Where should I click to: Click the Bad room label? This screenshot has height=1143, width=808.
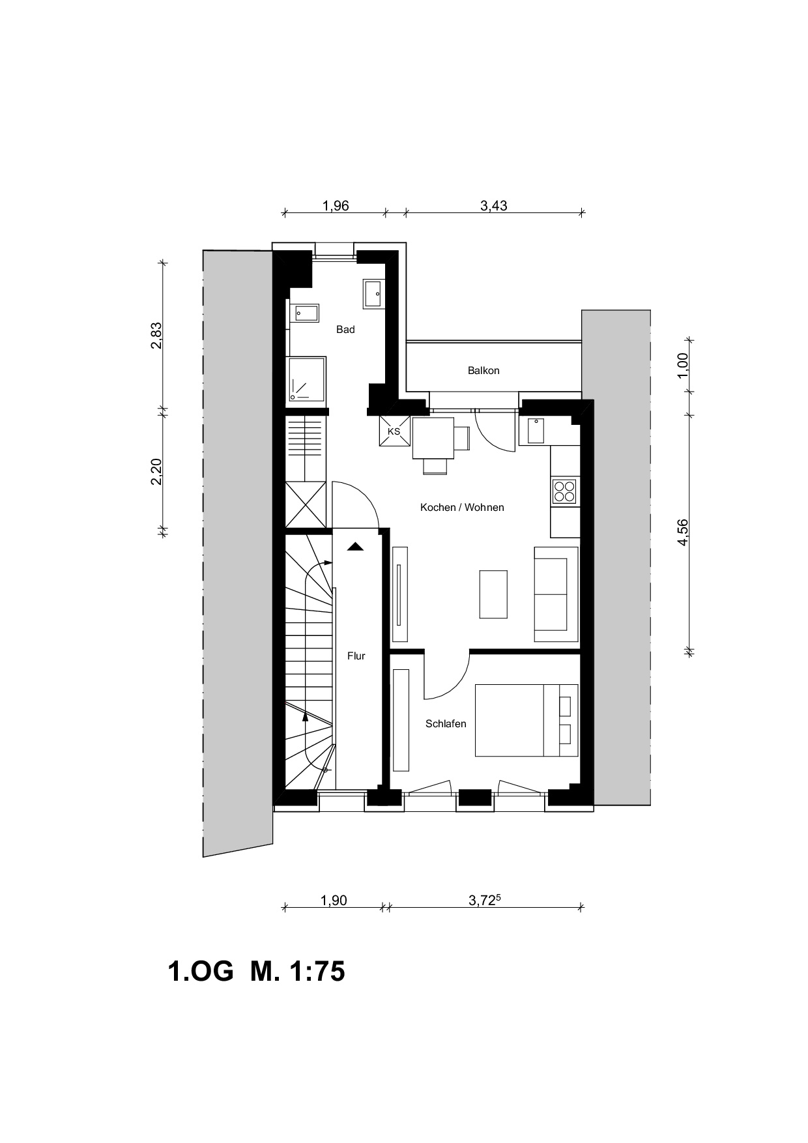point(345,330)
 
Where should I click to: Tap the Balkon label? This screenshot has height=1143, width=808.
point(483,371)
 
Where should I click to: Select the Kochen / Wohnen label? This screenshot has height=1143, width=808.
point(462,507)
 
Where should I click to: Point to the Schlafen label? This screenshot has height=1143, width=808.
point(446,723)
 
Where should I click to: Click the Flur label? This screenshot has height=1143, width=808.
point(356,656)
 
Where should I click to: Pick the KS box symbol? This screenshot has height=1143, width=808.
point(394,431)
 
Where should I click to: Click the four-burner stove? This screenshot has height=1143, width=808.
point(564,491)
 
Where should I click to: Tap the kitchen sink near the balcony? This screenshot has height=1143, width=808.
point(536,431)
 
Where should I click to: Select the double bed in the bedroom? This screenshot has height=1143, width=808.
point(527,720)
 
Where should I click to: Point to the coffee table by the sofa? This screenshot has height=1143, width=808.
point(493,594)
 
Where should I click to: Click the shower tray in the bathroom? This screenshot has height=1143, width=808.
point(306,379)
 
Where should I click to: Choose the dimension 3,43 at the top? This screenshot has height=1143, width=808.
point(494,206)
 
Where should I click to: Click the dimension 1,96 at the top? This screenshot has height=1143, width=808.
point(336,206)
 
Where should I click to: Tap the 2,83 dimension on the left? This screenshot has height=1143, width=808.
point(156,336)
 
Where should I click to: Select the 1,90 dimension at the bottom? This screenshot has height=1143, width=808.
point(334,901)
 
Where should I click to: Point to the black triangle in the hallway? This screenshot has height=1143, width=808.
point(355,547)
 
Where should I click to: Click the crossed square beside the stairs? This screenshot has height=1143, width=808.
point(306,504)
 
